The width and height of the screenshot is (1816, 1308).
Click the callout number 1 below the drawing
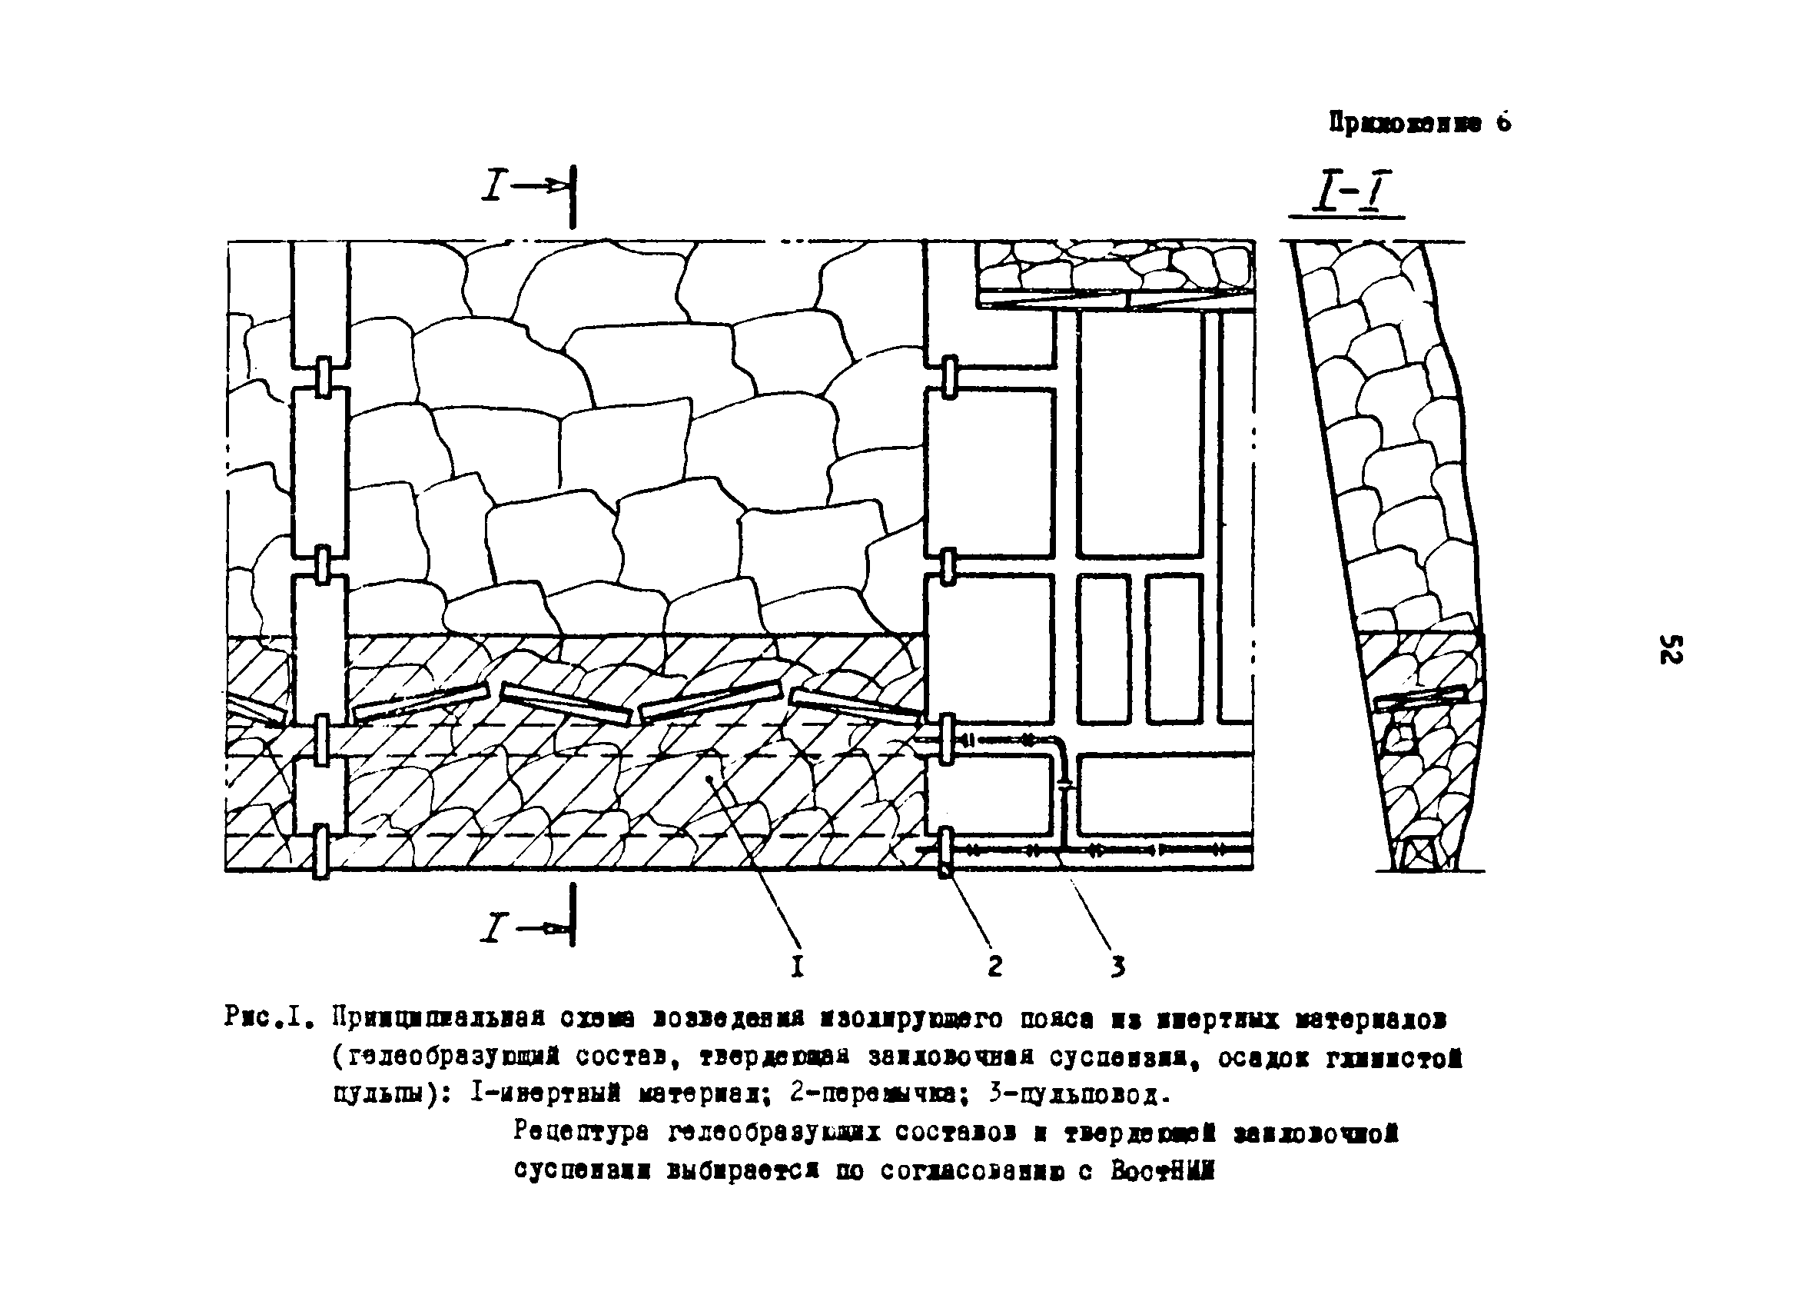coord(797,967)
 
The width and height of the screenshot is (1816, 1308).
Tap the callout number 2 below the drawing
coord(994,967)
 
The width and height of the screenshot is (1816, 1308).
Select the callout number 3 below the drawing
coord(1117,967)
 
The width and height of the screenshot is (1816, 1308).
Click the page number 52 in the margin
coord(1670,649)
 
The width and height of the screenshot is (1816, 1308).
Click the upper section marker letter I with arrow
coord(494,187)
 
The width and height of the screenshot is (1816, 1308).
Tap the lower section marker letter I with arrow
coord(494,928)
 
